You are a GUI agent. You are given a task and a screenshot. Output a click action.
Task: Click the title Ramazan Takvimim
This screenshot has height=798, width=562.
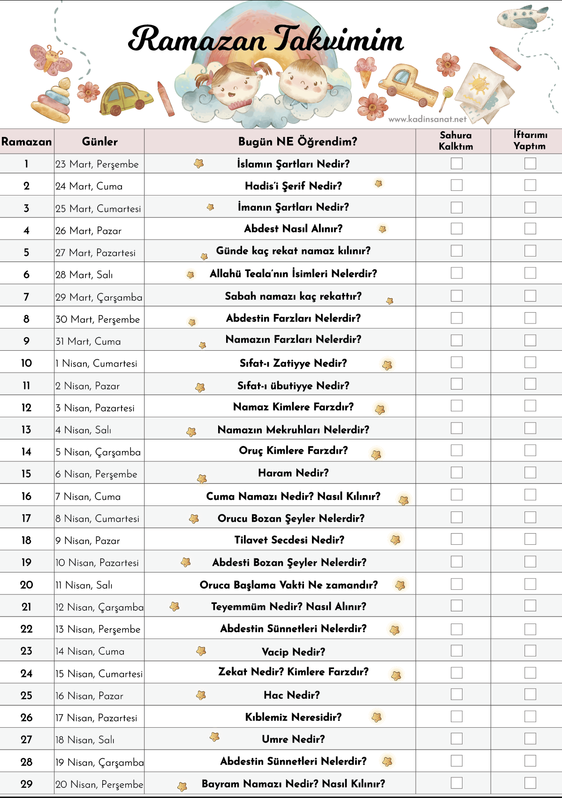[x=266, y=39]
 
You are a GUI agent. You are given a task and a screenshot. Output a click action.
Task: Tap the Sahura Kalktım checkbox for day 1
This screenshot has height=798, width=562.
[x=456, y=163]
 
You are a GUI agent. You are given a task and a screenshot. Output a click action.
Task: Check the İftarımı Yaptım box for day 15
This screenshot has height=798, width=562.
[x=530, y=473]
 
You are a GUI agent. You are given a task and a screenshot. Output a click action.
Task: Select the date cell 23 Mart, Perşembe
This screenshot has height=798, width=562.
[x=97, y=164]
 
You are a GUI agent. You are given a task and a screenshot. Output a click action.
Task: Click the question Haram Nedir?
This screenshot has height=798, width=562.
[x=293, y=473]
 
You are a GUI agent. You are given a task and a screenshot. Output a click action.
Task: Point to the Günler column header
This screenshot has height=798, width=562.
[x=99, y=142]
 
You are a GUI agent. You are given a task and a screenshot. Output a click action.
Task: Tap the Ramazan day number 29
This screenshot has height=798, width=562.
[x=27, y=784]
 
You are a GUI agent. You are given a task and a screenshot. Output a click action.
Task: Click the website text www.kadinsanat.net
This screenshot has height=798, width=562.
[x=427, y=119]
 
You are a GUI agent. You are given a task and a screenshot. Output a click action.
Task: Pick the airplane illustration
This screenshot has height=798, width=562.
[x=522, y=17]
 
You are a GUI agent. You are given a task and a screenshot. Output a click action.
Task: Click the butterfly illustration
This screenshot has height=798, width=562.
[x=51, y=59]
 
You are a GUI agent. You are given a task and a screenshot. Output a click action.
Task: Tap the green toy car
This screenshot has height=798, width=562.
[x=125, y=98]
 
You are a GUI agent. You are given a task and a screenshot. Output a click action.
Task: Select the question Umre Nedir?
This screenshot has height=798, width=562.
[x=293, y=739]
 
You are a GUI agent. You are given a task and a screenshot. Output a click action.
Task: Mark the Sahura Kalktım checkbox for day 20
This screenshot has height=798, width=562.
[x=456, y=584]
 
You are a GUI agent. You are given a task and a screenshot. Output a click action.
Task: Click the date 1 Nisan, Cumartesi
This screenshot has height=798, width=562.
[x=96, y=363]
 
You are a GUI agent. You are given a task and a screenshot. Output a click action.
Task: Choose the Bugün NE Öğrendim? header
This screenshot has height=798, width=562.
[x=297, y=142]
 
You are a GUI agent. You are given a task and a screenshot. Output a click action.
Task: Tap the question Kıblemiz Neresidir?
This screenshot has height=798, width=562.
[x=293, y=717]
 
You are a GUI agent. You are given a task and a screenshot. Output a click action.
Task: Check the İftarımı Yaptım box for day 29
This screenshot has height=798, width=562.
[x=530, y=783]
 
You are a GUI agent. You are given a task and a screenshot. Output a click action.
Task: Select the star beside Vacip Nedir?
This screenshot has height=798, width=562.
[x=201, y=651]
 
